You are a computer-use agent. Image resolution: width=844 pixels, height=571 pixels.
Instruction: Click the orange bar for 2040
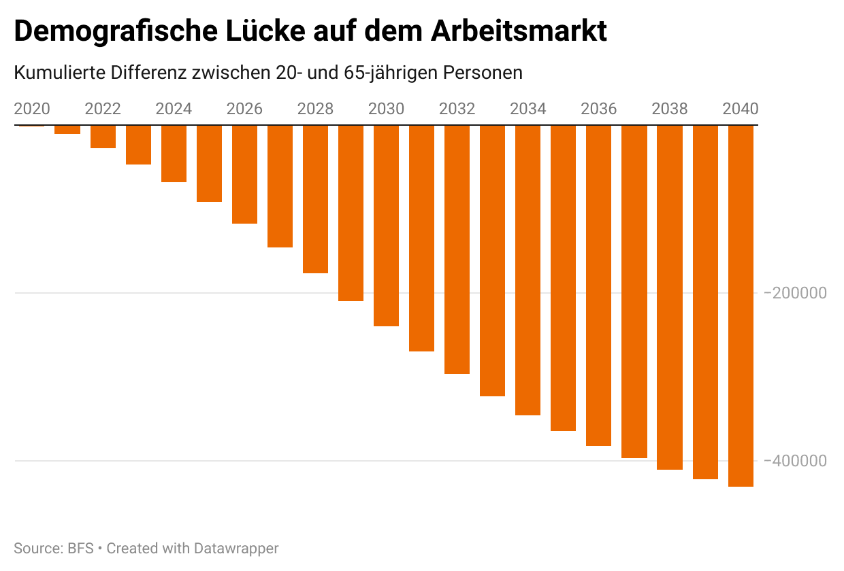tap(741, 306)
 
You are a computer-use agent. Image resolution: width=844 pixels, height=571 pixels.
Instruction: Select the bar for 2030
tap(386, 226)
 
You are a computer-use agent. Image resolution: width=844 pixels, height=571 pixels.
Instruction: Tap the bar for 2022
tap(103, 137)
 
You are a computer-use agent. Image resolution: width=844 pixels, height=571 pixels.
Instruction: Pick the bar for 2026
tap(244, 175)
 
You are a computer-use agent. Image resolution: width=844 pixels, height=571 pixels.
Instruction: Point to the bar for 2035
tap(563, 278)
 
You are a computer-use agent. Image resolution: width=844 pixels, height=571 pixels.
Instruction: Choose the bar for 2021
tap(67, 130)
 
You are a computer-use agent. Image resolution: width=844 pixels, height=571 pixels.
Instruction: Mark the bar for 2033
tap(492, 261)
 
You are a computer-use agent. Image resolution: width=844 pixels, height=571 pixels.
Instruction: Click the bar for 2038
tap(670, 298)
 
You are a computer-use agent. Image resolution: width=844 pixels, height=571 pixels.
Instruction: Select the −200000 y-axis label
tap(795, 293)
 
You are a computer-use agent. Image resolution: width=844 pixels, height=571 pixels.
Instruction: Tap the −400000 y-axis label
tap(795, 461)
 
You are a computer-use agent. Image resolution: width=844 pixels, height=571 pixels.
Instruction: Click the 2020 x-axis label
tap(32, 109)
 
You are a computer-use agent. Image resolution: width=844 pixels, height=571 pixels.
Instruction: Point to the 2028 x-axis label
tap(315, 109)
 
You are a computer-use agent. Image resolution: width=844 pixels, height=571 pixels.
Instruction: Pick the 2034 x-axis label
tap(527, 109)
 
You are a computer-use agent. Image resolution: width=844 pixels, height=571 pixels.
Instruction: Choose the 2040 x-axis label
tap(740, 109)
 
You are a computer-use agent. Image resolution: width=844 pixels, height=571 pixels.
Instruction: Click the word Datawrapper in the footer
tap(236, 548)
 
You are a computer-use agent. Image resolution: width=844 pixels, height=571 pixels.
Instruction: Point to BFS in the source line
tap(80, 548)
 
